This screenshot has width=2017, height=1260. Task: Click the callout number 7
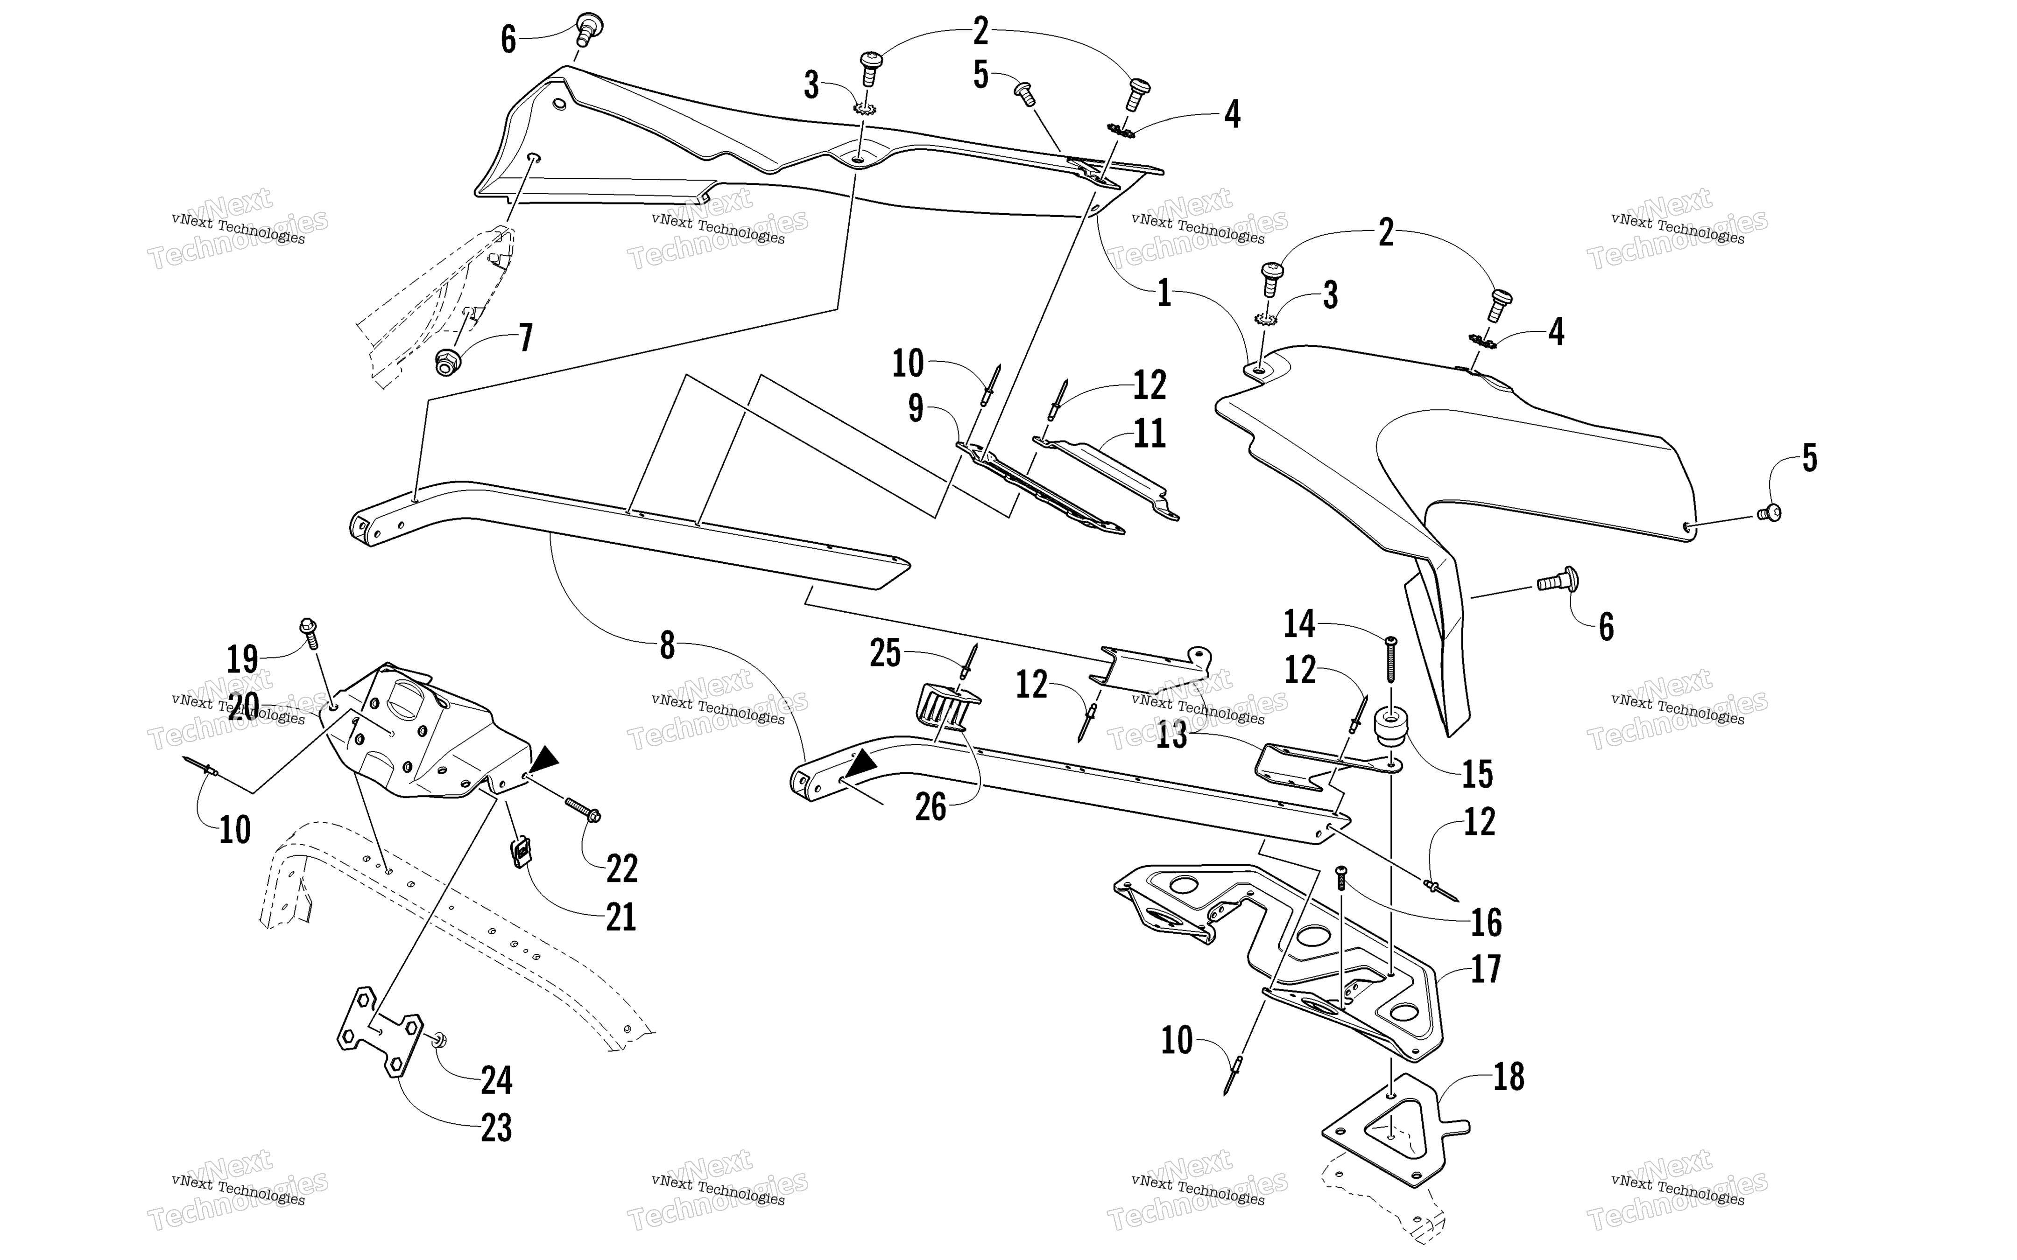(525, 338)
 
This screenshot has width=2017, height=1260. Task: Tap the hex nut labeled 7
(448, 362)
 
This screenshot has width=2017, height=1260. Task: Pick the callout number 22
(622, 868)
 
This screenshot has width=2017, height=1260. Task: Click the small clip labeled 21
(520, 852)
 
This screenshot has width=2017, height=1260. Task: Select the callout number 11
(1150, 434)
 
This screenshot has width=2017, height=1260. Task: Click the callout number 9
(916, 408)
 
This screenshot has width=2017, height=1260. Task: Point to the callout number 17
(1485, 969)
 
